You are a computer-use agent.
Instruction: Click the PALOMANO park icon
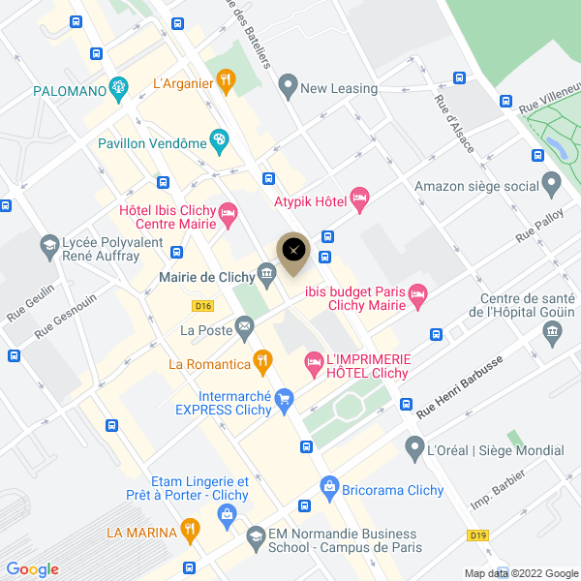coord(119,90)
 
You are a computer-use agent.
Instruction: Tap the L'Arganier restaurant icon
coord(226,81)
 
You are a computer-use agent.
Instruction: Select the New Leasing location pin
coord(287,87)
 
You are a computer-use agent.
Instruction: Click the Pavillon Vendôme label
coord(153,143)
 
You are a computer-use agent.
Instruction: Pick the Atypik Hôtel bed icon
coord(359,200)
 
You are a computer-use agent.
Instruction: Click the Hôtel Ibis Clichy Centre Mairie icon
coord(229,213)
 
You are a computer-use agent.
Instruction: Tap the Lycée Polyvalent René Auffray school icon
coord(47,247)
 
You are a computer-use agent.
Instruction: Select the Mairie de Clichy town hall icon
coord(267,277)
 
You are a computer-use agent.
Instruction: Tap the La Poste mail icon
coord(243,330)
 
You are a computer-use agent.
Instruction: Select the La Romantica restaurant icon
coord(261,363)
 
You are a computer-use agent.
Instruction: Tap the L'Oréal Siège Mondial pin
coord(416,449)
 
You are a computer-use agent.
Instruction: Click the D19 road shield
coord(476,535)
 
